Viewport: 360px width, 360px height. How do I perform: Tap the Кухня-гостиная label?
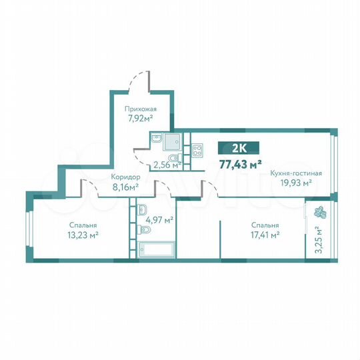[296, 173]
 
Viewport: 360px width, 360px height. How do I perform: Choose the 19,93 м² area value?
[296, 183]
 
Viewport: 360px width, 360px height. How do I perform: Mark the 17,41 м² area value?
[262, 235]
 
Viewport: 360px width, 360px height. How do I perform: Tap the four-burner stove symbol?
[197, 150]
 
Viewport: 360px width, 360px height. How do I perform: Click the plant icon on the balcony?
[318, 213]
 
